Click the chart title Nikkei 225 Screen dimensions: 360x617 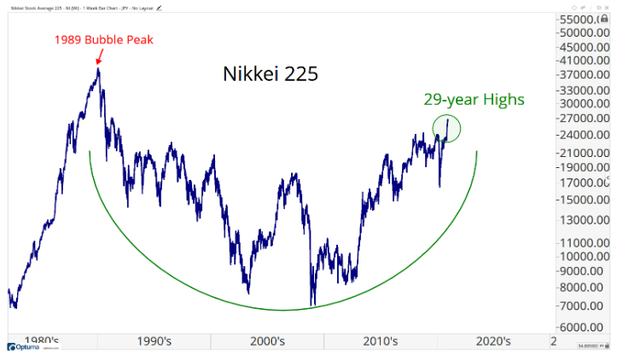270,74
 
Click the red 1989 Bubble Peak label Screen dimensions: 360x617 96,39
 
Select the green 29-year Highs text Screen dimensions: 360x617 474,100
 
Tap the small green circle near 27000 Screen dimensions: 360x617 447,128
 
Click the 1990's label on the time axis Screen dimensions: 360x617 155,341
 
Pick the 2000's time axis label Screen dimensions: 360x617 268,341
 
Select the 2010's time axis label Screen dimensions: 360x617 381,341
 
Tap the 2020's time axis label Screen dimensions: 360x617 493,341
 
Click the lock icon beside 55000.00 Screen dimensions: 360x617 605,19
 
